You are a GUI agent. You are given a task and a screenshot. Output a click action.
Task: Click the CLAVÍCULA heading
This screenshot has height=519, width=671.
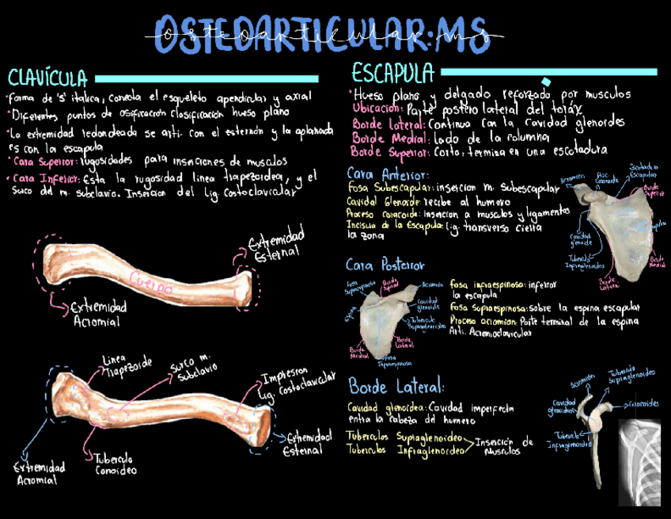(47, 78)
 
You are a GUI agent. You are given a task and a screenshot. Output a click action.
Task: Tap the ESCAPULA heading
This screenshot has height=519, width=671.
(393, 73)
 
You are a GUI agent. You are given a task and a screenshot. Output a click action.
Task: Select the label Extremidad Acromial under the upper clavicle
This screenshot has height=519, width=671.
(97, 314)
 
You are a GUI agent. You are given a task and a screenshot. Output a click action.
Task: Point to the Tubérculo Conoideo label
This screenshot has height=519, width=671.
(116, 464)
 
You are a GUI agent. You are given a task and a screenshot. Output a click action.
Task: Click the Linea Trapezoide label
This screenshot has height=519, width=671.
(127, 365)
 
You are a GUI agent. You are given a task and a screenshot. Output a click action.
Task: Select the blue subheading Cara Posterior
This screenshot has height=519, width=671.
(385, 265)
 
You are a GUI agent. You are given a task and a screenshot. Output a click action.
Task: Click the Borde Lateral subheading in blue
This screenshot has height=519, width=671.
(396, 387)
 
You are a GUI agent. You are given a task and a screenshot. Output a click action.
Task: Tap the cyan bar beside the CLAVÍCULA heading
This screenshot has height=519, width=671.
(205, 78)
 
